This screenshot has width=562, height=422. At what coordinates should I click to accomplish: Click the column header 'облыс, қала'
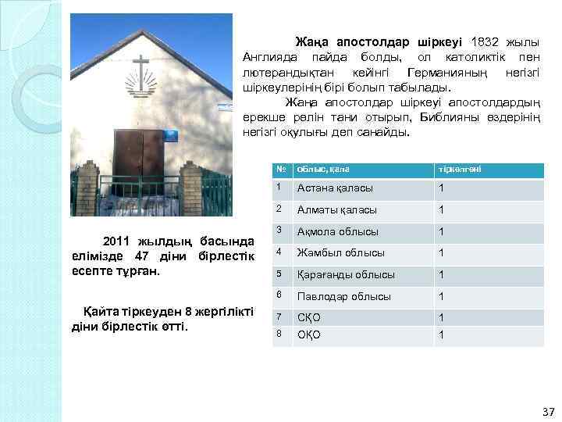(x=323, y=169)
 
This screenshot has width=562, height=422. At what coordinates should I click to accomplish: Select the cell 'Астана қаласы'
(x=335, y=188)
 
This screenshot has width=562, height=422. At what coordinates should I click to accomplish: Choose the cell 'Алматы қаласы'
(x=337, y=210)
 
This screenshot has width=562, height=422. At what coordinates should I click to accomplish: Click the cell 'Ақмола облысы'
(x=338, y=231)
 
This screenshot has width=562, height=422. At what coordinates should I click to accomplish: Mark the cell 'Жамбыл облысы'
(x=341, y=252)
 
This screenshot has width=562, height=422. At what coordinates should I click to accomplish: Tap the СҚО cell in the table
(x=309, y=318)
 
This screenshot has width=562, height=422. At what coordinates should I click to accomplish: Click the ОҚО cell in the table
(x=309, y=335)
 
